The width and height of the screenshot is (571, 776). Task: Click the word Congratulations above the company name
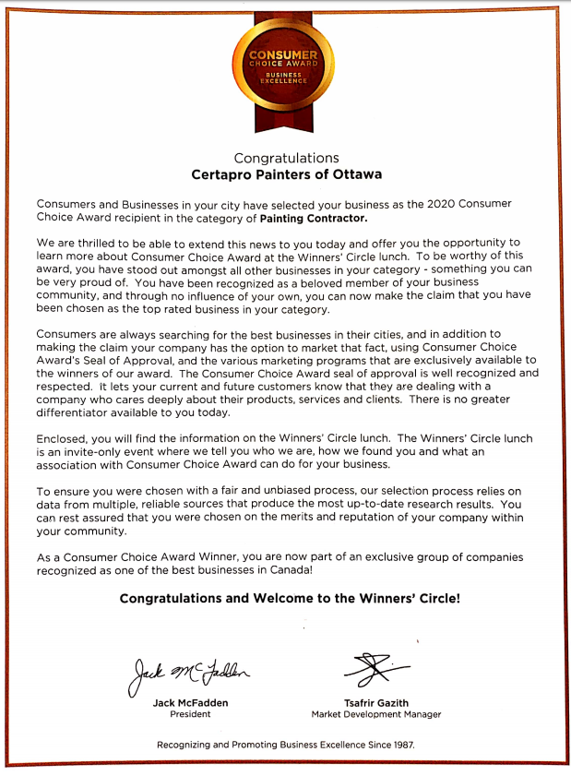tap(286, 158)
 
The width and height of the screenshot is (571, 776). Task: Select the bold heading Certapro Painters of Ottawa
tap(286, 173)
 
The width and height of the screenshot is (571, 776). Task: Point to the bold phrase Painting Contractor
tap(314, 219)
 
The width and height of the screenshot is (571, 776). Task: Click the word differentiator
tap(77, 413)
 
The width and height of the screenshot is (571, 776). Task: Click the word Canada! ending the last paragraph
tap(289, 571)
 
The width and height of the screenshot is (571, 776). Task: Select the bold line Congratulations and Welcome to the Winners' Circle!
tap(289, 598)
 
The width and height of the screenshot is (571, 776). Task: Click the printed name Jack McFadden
tap(191, 701)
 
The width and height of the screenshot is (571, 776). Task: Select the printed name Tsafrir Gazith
tap(375, 701)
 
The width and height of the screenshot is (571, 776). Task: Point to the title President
tap(191, 714)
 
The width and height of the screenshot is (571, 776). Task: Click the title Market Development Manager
tap(375, 714)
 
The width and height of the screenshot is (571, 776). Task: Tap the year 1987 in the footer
tap(400, 744)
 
